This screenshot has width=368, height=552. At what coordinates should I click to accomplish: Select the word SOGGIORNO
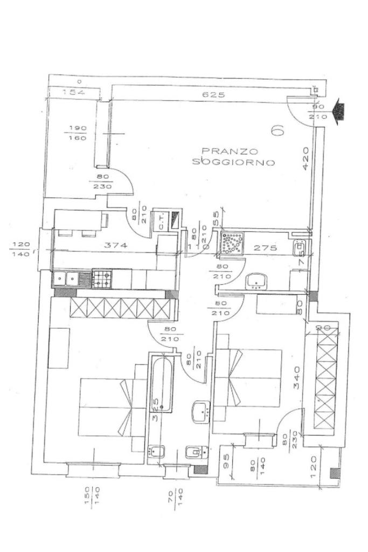point(234,162)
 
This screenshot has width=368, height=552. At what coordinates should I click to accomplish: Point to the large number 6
point(278,130)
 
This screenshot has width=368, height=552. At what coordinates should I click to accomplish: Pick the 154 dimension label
point(74,93)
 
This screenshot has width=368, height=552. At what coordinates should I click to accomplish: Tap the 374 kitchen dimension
point(116,246)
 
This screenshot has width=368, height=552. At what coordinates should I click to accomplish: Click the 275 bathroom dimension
point(265,248)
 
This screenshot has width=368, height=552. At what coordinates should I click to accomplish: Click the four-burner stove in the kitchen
point(103,279)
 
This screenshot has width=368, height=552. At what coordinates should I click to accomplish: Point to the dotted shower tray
point(232,243)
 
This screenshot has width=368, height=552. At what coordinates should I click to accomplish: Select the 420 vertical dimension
point(306,158)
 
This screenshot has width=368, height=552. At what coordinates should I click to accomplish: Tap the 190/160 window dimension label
point(75,133)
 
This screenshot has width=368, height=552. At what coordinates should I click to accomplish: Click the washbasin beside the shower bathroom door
point(255,281)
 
